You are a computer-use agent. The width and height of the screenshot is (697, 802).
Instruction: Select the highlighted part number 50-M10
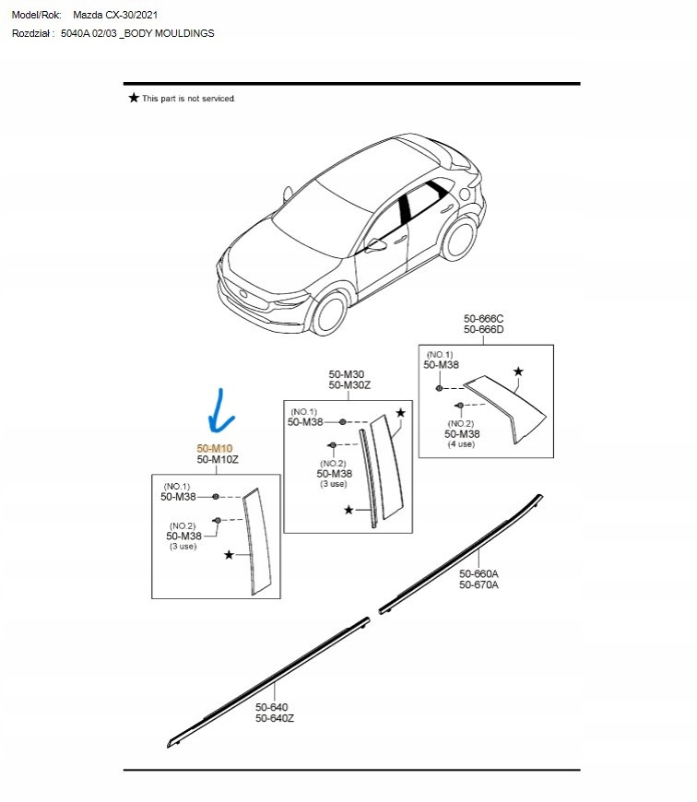pos(214,448)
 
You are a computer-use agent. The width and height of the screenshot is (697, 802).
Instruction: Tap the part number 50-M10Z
pos(217,459)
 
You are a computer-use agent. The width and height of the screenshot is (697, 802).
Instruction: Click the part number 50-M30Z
pos(349,384)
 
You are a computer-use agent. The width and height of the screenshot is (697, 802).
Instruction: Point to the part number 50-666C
pos(483,319)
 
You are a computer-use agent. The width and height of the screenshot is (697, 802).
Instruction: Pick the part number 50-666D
pos(483,330)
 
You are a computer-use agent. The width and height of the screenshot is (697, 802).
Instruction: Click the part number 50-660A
pos(478,573)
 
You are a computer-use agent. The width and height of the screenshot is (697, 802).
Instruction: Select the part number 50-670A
pos(478,584)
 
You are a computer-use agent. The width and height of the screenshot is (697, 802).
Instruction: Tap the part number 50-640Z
pos(275,719)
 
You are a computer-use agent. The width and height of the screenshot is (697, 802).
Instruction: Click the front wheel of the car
pos(327,313)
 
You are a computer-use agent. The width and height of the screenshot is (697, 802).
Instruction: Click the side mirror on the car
pos(375,245)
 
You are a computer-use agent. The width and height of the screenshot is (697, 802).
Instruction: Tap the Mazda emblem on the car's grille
pos(242,295)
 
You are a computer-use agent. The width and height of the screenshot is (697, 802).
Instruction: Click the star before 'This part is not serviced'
pos(134,98)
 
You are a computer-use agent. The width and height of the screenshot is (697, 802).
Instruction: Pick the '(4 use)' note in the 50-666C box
pos(461,444)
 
